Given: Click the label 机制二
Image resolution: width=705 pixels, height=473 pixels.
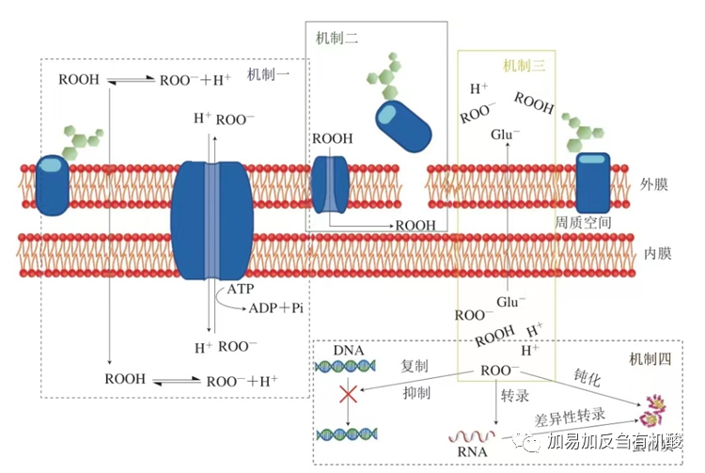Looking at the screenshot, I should pyautogui.click(x=337, y=38).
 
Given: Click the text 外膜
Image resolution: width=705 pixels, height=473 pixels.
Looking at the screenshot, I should pyautogui.click(x=654, y=184).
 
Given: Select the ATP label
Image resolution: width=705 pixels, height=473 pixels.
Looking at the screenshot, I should pyautogui.click(x=242, y=290).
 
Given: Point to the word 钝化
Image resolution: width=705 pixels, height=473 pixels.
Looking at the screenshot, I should pyautogui.click(x=587, y=376).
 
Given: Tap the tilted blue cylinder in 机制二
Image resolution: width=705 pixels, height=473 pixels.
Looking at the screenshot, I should pyautogui.click(x=403, y=124).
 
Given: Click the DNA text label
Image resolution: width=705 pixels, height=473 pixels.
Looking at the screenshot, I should pyautogui.click(x=348, y=351).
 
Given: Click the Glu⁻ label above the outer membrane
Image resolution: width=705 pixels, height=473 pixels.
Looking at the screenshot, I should pyautogui.click(x=505, y=134).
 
